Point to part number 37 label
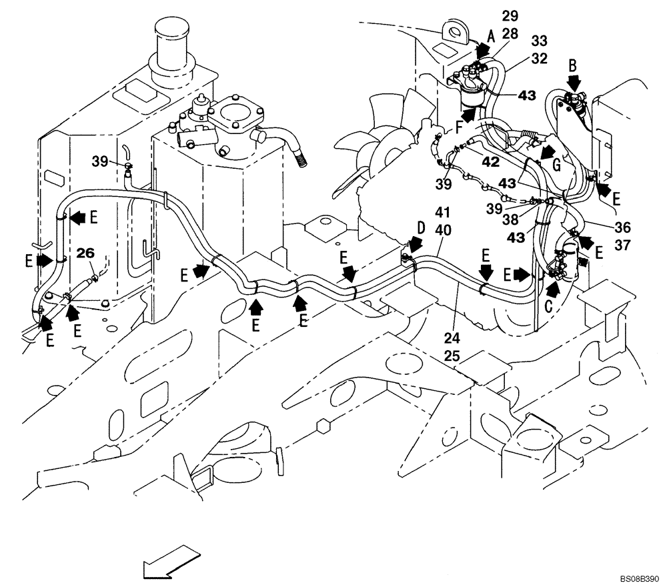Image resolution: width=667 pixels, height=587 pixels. [622, 245]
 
